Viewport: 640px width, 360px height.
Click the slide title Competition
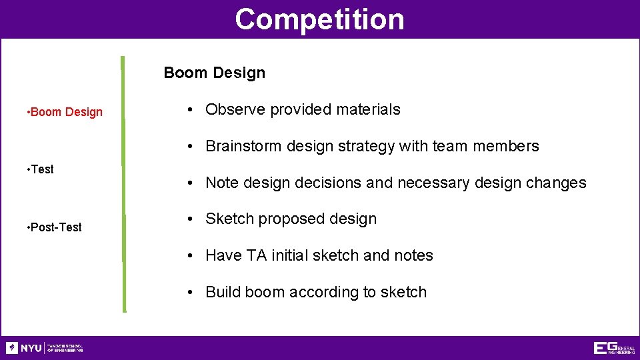point(319,19)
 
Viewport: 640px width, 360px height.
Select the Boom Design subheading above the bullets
point(214,73)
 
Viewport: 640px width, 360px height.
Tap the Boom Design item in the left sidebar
point(65,112)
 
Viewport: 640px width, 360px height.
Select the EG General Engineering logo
point(614,348)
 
